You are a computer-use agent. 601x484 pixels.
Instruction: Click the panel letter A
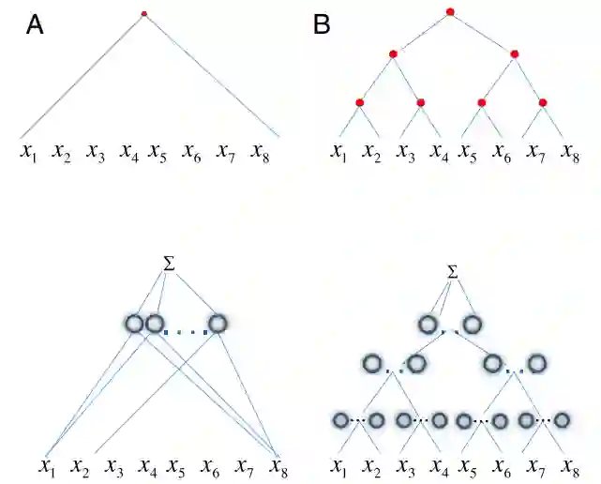pyautogui.click(x=35, y=25)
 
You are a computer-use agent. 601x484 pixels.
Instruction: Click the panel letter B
pyautogui.click(x=322, y=25)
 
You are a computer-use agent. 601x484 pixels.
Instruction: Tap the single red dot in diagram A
pyautogui.click(x=143, y=14)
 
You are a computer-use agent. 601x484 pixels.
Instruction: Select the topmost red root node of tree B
pyautogui.click(x=450, y=12)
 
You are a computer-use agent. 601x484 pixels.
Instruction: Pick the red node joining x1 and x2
pyautogui.click(x=359, y=101)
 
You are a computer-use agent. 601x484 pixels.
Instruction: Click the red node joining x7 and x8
pyautogui.click(x=542, y=101)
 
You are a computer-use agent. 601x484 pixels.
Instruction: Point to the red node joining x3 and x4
pyautogui.click(x=421, y=101)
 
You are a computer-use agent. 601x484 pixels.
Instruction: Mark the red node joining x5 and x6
pyautogui.click(x=481, y=101)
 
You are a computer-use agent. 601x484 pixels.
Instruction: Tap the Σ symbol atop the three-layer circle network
pyautogui.click(x=453, y=271)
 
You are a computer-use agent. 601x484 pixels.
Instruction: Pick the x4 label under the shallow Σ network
pyautogui.click(x=147, y=464)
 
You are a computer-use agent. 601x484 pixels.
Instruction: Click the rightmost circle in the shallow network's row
pyautogui.click(x=218, y=325)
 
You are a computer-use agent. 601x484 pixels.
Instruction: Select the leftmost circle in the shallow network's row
pyautogui.click(x=134, y=325)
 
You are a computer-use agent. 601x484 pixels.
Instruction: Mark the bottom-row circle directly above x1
pyautogui.click(x=341, y=419)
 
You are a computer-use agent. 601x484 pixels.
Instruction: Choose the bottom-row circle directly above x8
pyautogui.click(x=563, y=419)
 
